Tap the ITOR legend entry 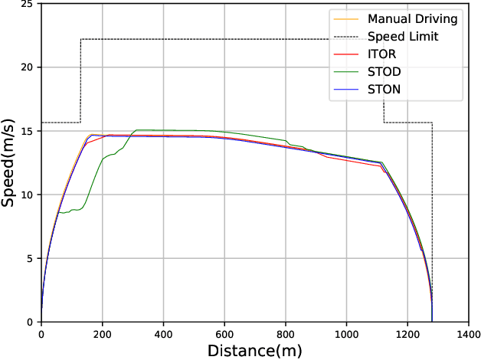pyautogui.click(x=383, y=54)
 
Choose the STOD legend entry pyautogui.click(x=384, y=72)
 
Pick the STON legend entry pyautogui.click(x=384, y=90)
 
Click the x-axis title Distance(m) pyautogui.click(x=255, y=351)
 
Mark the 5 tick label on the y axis pyautogui.click(x=29, y=258)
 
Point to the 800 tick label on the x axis pyautogui.click(x=286, y=334)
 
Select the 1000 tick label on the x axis pyautogui.click(x=347, y=334)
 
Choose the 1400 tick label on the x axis pyautogui.click(x=469, y=334)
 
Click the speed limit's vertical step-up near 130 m pyautogui.click(x=80, y=80)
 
